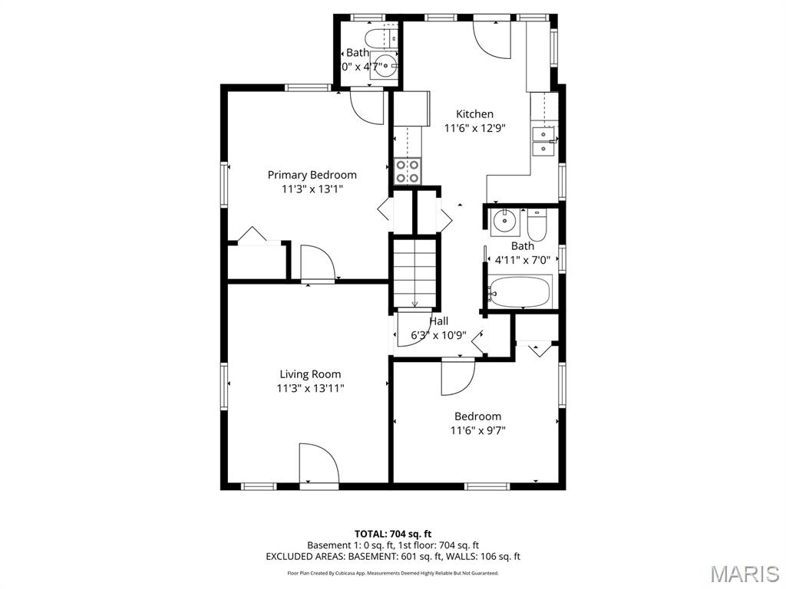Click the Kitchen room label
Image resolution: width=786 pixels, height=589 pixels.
[x=474, y=114]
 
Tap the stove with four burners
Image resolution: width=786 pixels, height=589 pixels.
[x=407, y=170]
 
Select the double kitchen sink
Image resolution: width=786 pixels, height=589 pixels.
[x=543, y=141]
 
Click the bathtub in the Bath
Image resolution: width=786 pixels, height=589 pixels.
[x=520, y=291]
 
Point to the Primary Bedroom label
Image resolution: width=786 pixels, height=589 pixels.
[x=312, y=175]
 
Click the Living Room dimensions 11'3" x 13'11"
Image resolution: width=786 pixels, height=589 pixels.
[x=310, y=389]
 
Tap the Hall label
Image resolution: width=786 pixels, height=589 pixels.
[x=438, y=321]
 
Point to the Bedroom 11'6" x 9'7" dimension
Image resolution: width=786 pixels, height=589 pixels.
[x=477, y=430]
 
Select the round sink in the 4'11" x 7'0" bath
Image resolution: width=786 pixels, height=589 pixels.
[x=504, y=222]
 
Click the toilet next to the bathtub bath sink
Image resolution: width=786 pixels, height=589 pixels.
[x=536, y=225]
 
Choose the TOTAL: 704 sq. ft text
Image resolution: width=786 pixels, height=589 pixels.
[x=393, y=533]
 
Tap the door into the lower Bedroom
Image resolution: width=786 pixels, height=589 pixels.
[x=457, y=376]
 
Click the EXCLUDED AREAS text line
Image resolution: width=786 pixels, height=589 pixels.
[x=393, y=556]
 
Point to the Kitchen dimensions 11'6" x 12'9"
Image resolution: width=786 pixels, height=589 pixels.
[x=474, y=128]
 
